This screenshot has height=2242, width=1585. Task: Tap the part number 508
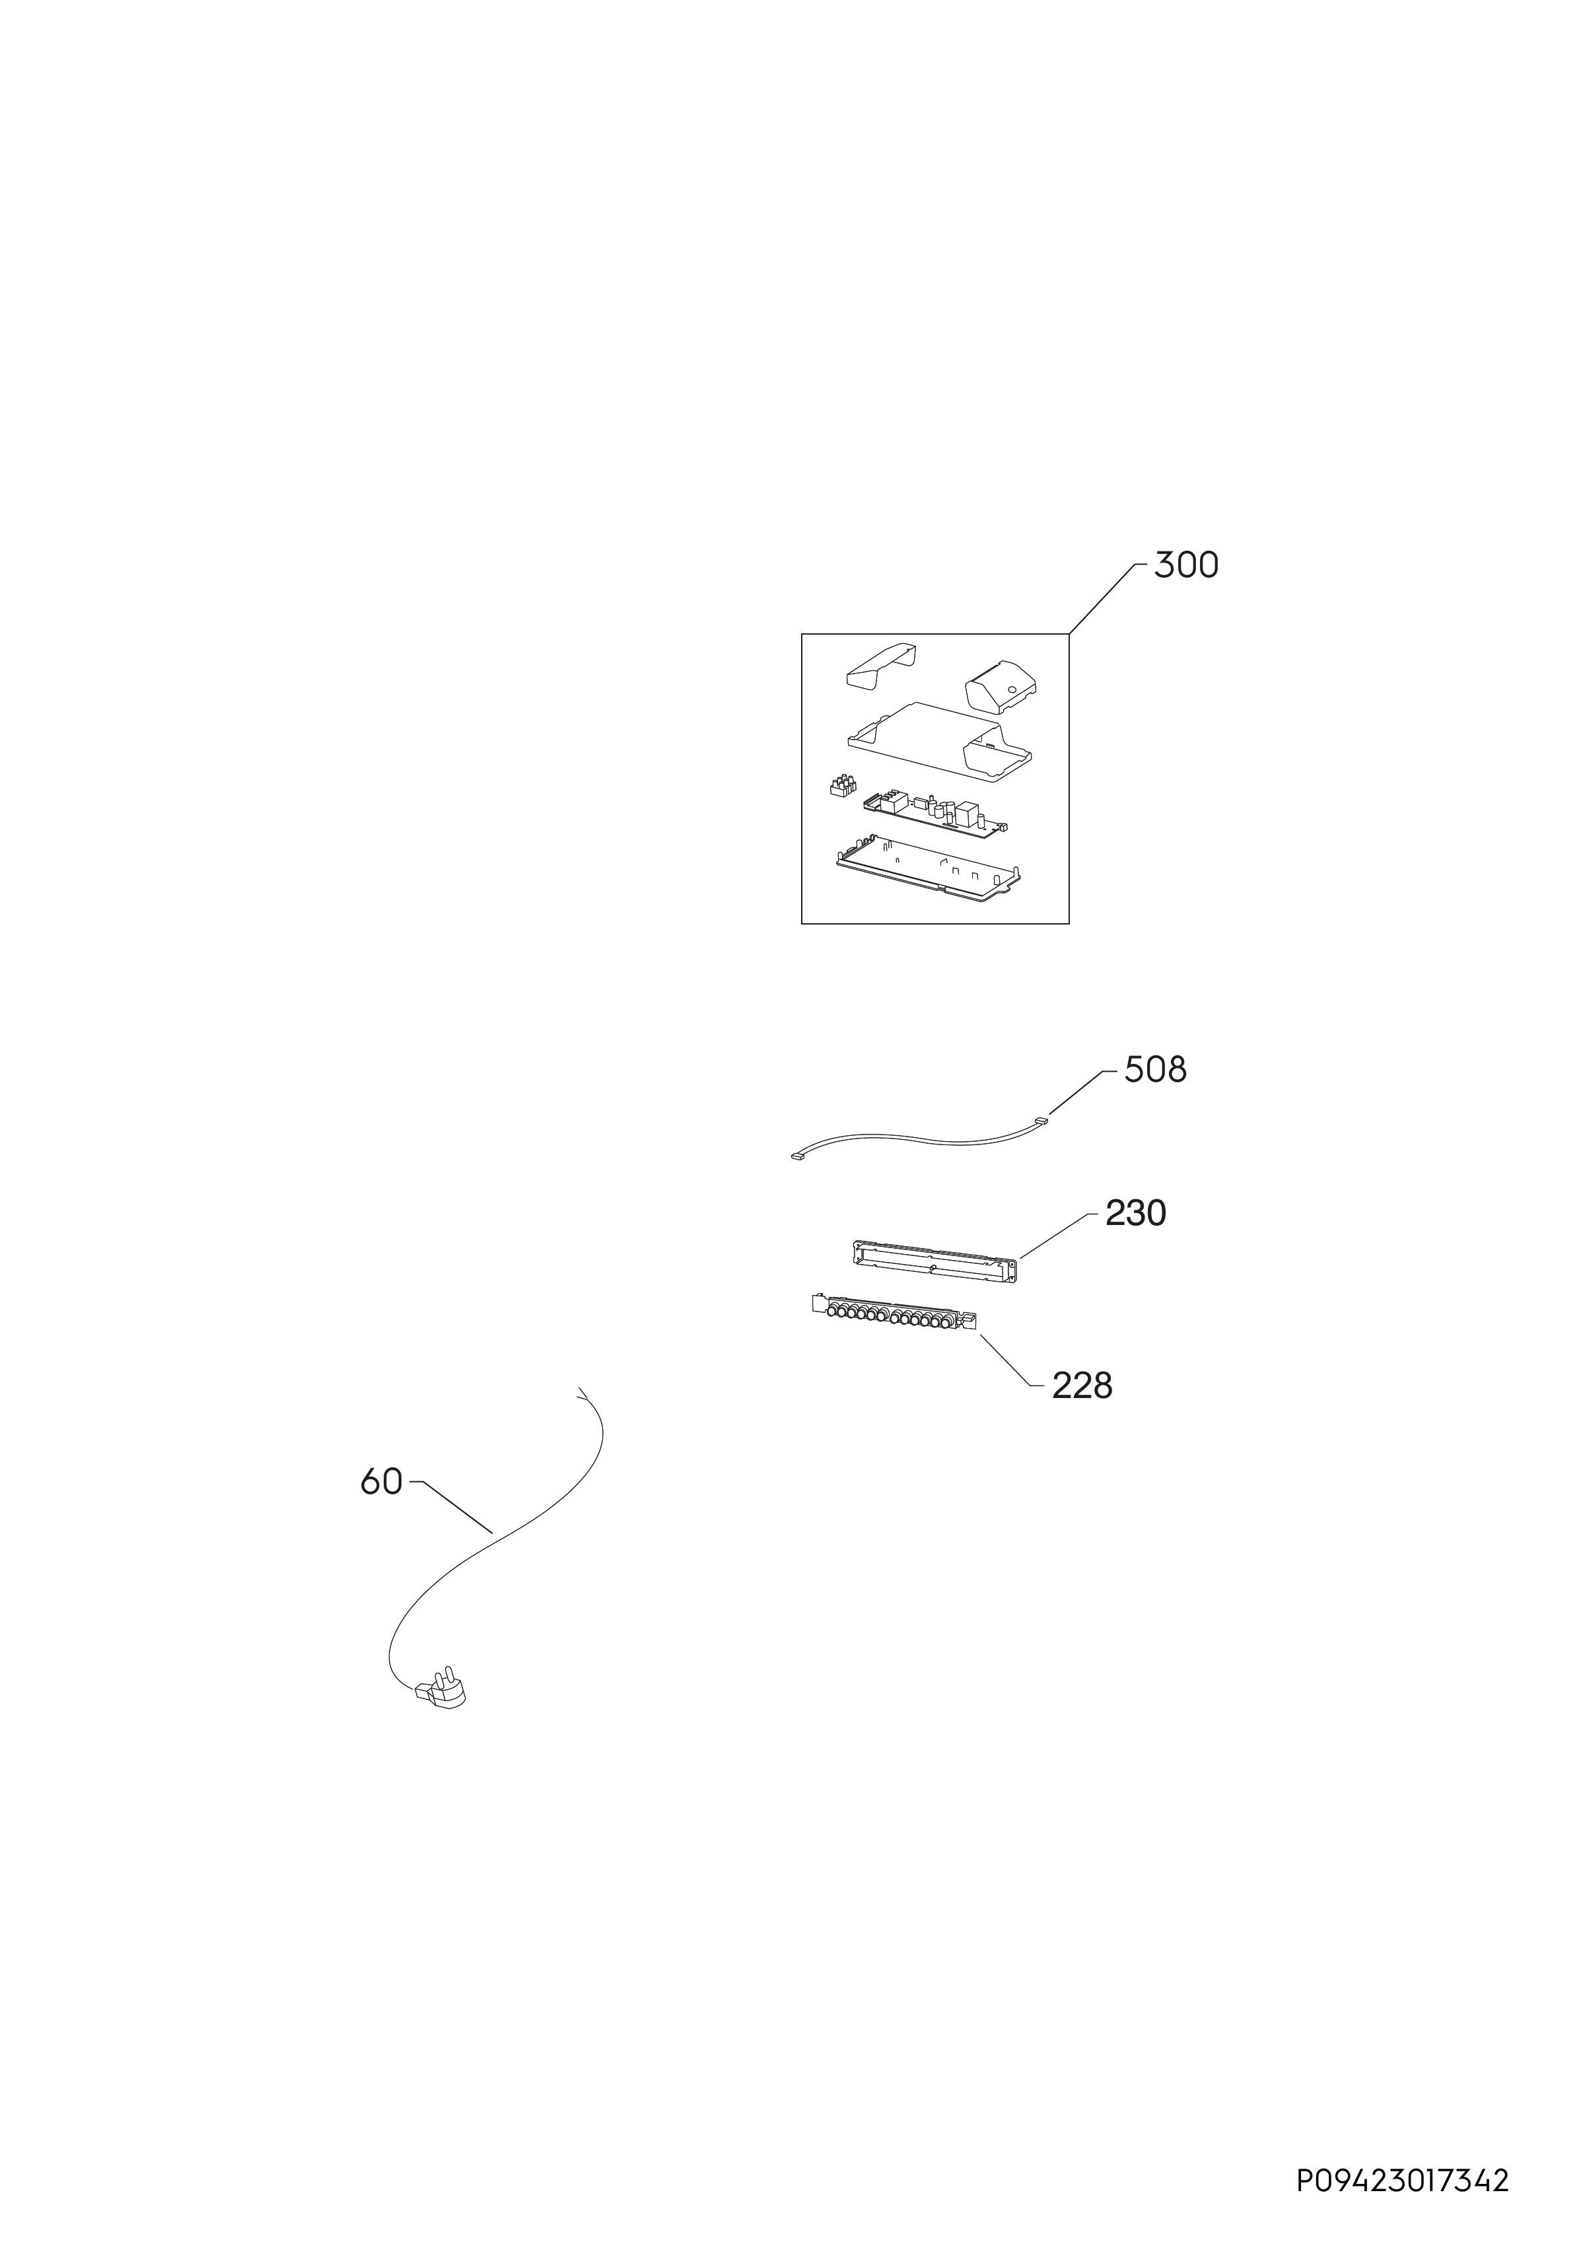pos(1155,1070)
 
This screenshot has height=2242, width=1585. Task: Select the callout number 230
pos(1136,1214)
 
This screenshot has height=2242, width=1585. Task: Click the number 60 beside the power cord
pos(381,1483)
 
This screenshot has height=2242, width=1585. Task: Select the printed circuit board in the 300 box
pos(936,814)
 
